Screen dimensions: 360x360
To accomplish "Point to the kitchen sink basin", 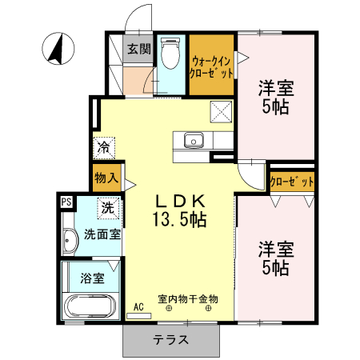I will coord(194,141).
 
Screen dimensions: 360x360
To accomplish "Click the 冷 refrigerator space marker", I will coord(104,147).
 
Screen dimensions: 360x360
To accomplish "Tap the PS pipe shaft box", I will coord(66,202).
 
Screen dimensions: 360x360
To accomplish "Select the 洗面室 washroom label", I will coord(102,235).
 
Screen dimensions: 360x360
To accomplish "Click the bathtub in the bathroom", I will coord(90,306).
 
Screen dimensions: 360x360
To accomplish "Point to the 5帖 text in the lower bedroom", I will coord(276,268).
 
